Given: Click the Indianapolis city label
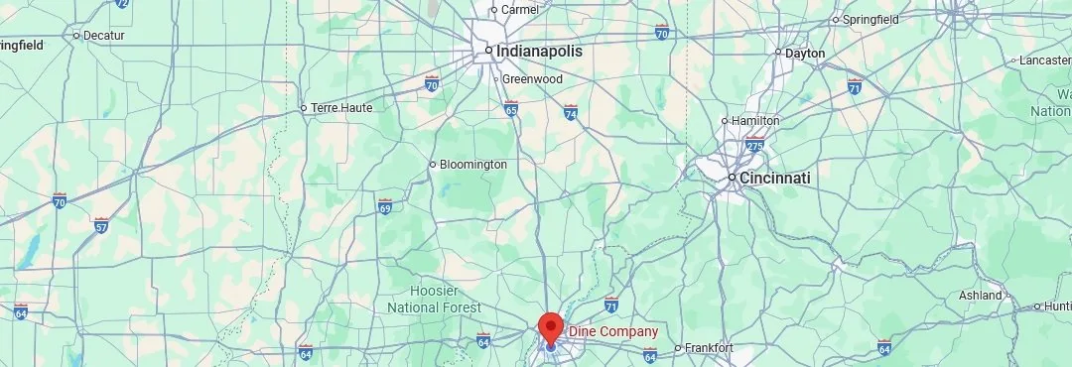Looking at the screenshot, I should pos(540,51).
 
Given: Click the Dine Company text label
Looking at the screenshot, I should pos(612,331).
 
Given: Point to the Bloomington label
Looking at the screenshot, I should pos(473,164).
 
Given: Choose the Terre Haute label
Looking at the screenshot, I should pos(341,107).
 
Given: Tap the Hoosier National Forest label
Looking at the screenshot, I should pos(447,299).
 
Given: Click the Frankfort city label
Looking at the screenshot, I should pos(709,348).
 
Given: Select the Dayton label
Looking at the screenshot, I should pos(805,53).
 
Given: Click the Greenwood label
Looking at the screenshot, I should pos(532,78).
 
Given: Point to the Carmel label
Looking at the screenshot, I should pos(520,10).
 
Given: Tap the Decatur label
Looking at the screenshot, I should pos(104,35).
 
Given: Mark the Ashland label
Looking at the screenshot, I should pos(981,296).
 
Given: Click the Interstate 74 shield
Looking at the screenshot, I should pos(571,113).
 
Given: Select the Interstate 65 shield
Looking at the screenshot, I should pos(511,107).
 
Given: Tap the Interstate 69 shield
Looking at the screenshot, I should pos(385,206).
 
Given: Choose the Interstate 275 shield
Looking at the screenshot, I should pos(755,145).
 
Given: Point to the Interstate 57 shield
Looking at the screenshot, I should pos(100,225).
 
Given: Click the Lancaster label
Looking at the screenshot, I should pos(1045,61).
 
